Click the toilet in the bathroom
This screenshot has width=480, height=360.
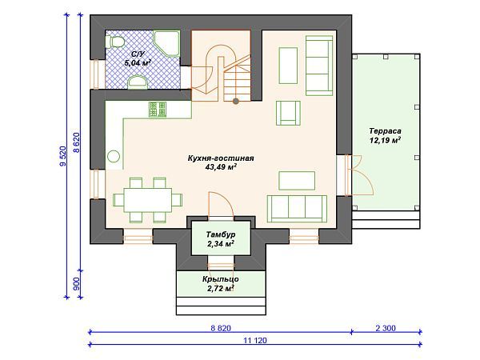[115, 42]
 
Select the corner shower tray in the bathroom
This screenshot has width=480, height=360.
[166, 43]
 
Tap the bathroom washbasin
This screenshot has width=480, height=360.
[138, 82]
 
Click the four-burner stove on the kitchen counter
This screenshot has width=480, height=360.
[158, 110]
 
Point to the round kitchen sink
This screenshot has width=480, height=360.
[114, 157]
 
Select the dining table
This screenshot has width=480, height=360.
[147, 200]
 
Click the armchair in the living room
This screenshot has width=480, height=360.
[288, 114]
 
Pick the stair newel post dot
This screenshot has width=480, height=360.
[235, 101]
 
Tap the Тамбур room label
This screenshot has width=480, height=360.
[221, 234]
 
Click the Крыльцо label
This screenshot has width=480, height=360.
[221, 279]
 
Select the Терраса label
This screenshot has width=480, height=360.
[385, 131]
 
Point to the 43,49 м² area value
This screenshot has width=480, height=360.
[221, 167]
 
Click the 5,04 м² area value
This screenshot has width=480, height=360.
[137, 62]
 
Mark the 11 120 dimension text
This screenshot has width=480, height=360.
[255, 341]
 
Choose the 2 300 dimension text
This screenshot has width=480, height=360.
[386, 328]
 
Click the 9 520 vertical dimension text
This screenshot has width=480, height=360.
[62, 156]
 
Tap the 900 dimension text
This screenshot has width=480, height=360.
[76, 284]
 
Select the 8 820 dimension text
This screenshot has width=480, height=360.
[221, 328]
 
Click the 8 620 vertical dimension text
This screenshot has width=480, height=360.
[76, 142]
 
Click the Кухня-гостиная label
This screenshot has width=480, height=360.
[221, 158]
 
